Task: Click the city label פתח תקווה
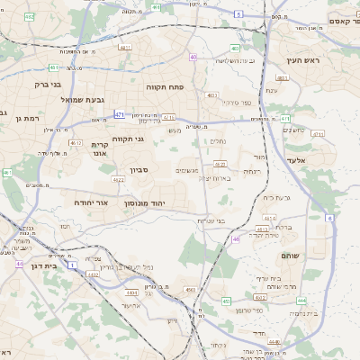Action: [x=165, y=86]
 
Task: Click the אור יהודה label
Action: [x=91, y=203]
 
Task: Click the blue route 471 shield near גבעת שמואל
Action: [x=120, y=114]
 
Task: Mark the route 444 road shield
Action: [x=301, y=300]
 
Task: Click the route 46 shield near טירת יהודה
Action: [x=237, y=239]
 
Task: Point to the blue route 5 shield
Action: [x=238, y=15]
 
